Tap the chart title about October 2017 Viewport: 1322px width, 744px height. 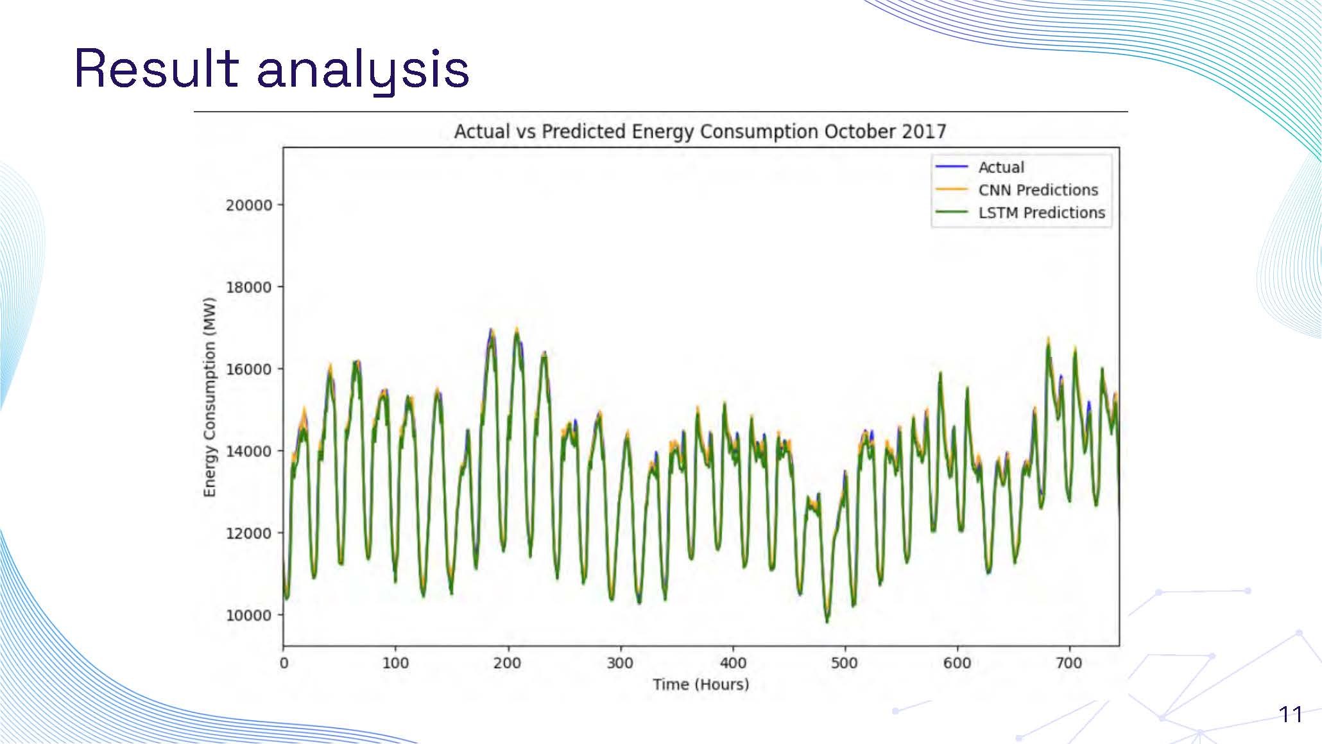[700, 132]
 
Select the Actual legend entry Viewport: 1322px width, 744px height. [1000, 168]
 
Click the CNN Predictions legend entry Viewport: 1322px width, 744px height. [1037, 190]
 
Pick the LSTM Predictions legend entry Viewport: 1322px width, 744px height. [1041, 212]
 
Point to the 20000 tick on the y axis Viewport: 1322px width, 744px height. [248, 205]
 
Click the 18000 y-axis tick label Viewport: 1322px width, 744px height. [248, 287]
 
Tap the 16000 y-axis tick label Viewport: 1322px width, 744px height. [248, 369]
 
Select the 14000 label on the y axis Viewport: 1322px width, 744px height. [248, 451]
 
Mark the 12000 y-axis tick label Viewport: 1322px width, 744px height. [248, 533]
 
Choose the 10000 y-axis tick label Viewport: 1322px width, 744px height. [248, 615]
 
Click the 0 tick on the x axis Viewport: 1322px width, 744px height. [284, 663]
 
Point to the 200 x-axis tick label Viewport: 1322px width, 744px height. [508, 663]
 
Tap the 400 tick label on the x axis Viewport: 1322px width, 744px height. [732, 663]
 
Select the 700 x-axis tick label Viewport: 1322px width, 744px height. [1069, 663]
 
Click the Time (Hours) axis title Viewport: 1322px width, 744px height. [701, 684]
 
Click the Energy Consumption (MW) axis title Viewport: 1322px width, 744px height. [209, 397]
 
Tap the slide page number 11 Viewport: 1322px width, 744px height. [1290, 714]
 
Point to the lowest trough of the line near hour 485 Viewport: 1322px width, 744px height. [827, 621]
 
